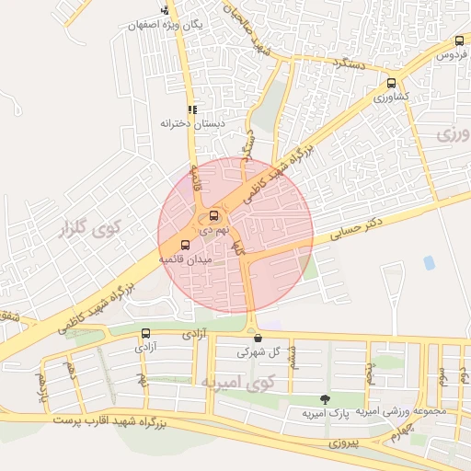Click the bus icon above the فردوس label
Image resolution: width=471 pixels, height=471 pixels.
(x=459, y=41)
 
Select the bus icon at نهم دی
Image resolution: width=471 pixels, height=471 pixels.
(x=214, y=216)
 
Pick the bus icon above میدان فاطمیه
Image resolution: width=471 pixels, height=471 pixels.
(x=186, y=246)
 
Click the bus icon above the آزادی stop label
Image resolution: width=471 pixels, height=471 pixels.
(x=146, y=333)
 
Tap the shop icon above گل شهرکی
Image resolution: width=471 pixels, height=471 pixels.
(x=258, y=337)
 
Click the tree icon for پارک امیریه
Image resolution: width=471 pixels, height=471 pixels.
(x=324, y=398)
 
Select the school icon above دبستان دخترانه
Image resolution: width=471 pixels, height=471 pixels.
(x=192, y=109)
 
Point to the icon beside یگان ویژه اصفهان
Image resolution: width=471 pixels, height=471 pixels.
(x=165, y=10)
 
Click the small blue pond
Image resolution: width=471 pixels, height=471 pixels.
(x=429, y=263)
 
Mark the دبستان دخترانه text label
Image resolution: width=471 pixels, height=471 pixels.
(x=193, y=123)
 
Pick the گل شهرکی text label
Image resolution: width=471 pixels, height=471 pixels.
(x=257, y=351)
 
